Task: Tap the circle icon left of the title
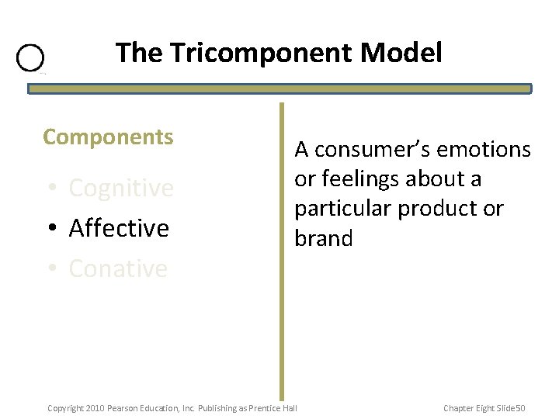pyautogui.click(x=30, y=58)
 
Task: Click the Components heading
pyautogui.click(x=108, y=137)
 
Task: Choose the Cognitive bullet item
pyautogui.click(x=120, y=188)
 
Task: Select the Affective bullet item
pyautogui.click(x=118, y=228)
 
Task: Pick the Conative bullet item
pyautogui.click(x=117, y=268)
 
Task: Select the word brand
pyautogui.click(x=323, y=238)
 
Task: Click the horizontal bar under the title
pyautogui.click(x=279, y=89)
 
